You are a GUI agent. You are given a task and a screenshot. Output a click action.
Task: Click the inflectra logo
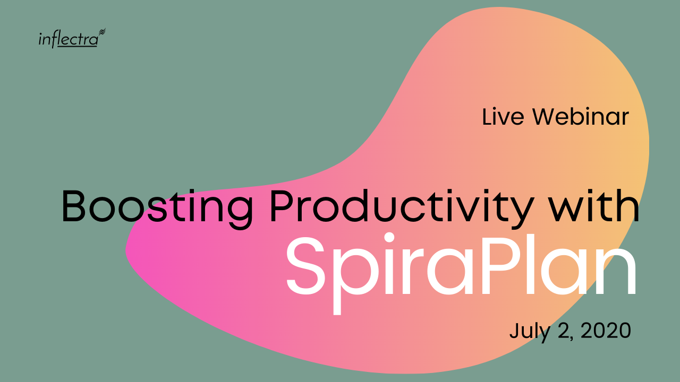[x=72, y=38]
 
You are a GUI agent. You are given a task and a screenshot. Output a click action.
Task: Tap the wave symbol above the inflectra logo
[x=103, y=31]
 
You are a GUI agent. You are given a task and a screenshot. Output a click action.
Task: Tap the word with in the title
[x=595, y=206]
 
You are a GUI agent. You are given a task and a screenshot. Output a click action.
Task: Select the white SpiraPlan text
[x=461, y=270]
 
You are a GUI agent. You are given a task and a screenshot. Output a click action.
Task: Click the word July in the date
[x=530, y=332]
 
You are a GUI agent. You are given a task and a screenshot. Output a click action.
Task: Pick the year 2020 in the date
[x=606, y=331]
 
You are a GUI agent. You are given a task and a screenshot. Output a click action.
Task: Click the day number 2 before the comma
[x=564, y=331]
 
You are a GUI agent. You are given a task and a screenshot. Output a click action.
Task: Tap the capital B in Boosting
[x=73, y=206]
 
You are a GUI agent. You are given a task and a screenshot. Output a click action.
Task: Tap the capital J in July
[x=514, y=331]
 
